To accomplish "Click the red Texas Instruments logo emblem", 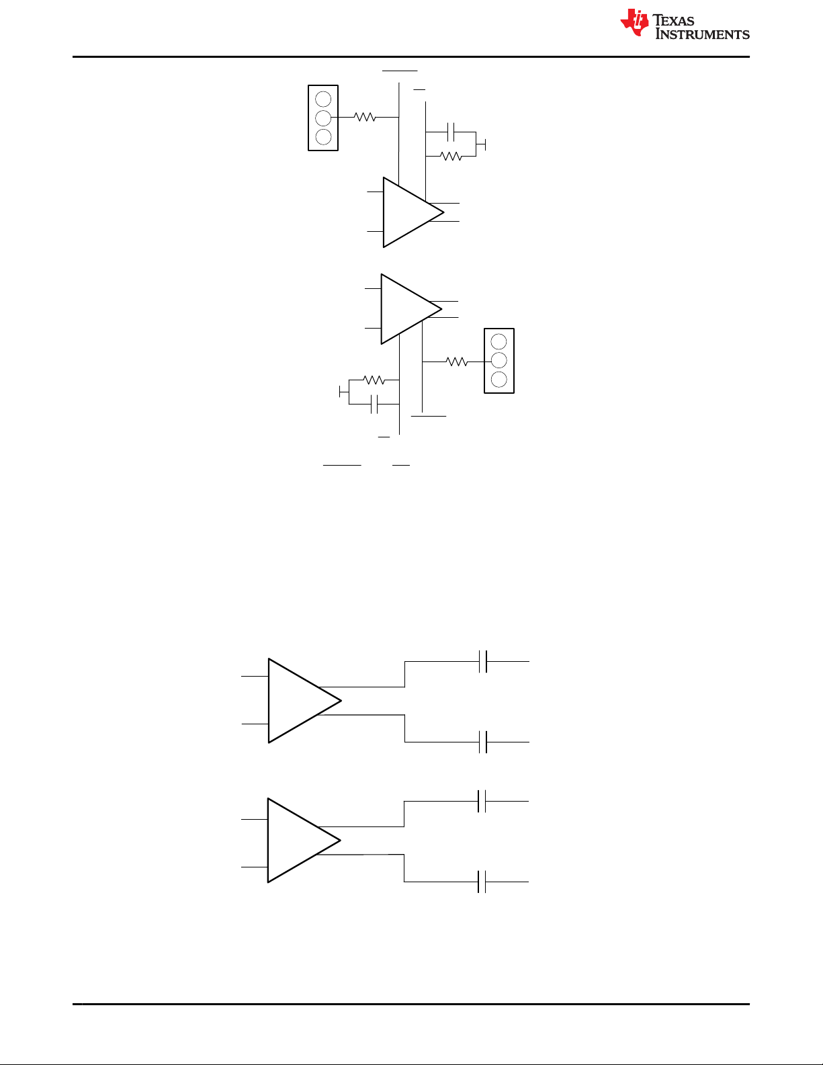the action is point(635,23).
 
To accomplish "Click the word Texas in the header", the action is point(673,20).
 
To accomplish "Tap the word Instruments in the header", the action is point(703,34).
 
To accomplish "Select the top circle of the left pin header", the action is point(323,99).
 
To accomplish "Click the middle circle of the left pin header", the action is point(323,118).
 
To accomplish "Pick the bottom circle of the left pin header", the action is point(323,137).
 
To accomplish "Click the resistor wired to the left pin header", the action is point(365,117).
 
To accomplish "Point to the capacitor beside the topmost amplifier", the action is point(451,132).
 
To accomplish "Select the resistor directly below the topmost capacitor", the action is point(451,157).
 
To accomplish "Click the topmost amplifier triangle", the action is point(413,212).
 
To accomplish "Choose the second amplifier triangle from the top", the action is point(411,309).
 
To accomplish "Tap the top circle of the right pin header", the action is point(499,341).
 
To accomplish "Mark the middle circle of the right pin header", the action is point(499,361).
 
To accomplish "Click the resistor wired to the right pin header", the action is point(457,361).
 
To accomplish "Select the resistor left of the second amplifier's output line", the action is point(374,380).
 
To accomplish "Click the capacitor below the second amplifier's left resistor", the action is point(374,404).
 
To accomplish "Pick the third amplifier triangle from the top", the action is point(305,701).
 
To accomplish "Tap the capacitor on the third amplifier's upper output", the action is point(483,662).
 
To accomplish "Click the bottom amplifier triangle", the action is point(304,841).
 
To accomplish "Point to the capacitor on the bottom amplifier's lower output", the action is point(482,882).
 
